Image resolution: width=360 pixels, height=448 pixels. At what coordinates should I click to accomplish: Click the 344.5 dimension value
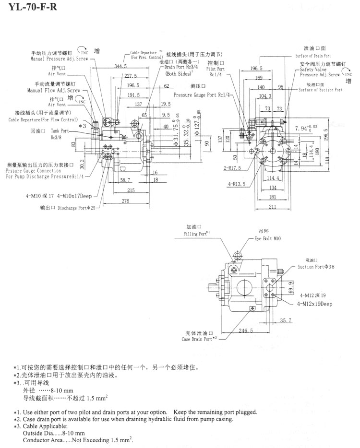pyautogui.click(x=121, y=67)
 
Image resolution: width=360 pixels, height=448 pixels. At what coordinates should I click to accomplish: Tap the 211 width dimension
pyautogui.click(x=273, y=207)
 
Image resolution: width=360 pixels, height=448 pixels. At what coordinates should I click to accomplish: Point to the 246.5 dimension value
pyautogui.click(x=244, y=330)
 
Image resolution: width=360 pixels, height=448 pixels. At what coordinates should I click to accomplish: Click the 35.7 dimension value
pyautogui.click(x=285, y=320)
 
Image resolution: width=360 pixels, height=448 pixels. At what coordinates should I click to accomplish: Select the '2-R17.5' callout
pyautogui.click(x=232, y=169)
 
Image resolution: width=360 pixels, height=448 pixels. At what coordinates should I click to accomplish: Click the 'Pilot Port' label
pyautogui.click(x=216, y=69)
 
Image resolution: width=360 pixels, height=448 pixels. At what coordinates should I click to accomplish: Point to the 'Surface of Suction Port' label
pyautogui.click(x=320, y=90)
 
